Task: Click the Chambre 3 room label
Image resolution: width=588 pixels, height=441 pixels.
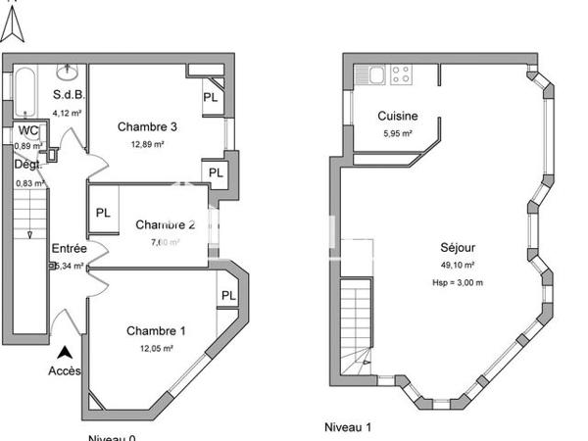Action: [147, 126]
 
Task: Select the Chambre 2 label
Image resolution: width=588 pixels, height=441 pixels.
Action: [165, 224]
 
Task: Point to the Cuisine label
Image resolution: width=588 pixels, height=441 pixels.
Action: [397, 117]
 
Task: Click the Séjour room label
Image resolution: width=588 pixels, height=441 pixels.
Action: [457, 249]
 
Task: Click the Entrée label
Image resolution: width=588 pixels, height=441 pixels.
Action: [69, 249]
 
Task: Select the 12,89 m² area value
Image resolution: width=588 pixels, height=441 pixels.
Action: [147, 144]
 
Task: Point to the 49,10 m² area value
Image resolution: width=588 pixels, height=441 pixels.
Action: [457, 266]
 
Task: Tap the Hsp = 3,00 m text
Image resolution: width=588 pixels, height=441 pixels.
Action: [458, 282]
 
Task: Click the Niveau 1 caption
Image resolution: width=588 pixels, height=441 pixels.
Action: [348, 427]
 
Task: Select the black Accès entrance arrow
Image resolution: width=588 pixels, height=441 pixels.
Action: [65, 351]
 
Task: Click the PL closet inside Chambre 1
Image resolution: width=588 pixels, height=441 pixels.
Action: [228, 296]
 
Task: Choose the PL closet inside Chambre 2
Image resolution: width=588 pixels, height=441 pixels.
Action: [103, 213]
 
